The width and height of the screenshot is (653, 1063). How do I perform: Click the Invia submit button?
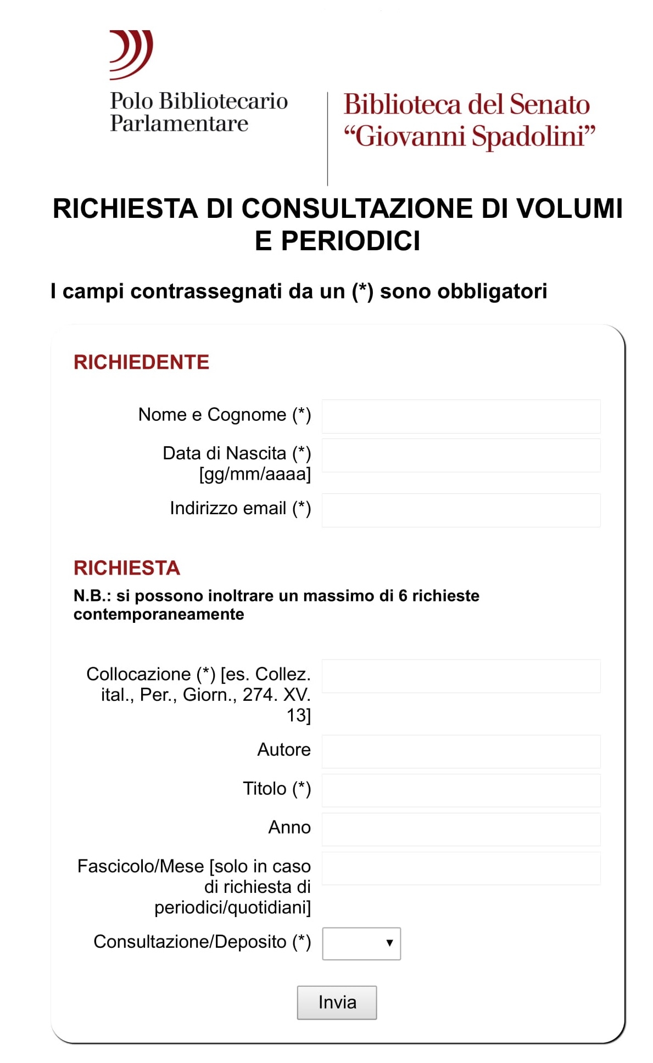click(x=337, y=1002)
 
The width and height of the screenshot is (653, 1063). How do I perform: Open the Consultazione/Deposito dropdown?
click(x=361, y=943)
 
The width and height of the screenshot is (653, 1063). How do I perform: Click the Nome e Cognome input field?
click(x=461, y=417)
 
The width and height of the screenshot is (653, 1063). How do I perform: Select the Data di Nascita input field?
click(x=461, y=455)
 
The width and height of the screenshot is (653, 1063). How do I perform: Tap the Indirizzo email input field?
click(x=461, y=510)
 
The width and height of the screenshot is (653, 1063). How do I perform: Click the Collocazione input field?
click(x=461, y=676)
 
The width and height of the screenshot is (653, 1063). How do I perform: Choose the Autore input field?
click(x=461, y=751)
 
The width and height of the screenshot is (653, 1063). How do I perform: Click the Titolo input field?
click(x=461, y=790)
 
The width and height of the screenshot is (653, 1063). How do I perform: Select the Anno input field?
click(x=461, y=829)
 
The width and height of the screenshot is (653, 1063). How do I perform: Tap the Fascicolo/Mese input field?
click(x=461, y=868)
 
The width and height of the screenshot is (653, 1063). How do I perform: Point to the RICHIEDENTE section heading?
click(x=141, y=362)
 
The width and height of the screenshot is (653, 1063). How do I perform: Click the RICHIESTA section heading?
click(x=127, y=568)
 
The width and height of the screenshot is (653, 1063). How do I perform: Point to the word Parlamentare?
click(x=179, y=124)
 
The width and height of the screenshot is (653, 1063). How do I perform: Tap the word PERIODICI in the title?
click(x=350, y=241)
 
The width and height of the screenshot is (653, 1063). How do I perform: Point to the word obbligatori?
click(x=492, y=291)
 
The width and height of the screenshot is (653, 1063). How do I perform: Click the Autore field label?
click(x=284, y=750)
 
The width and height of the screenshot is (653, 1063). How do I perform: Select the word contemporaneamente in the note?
click(x=159, y=614)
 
